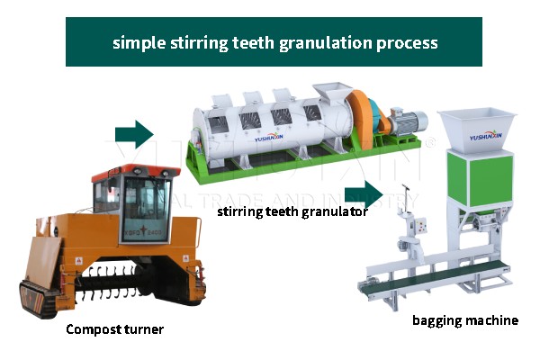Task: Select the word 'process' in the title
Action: (x=406, y=42)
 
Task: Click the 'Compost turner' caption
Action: (x=114, y=329)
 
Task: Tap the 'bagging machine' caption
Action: (x=465, y=319)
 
